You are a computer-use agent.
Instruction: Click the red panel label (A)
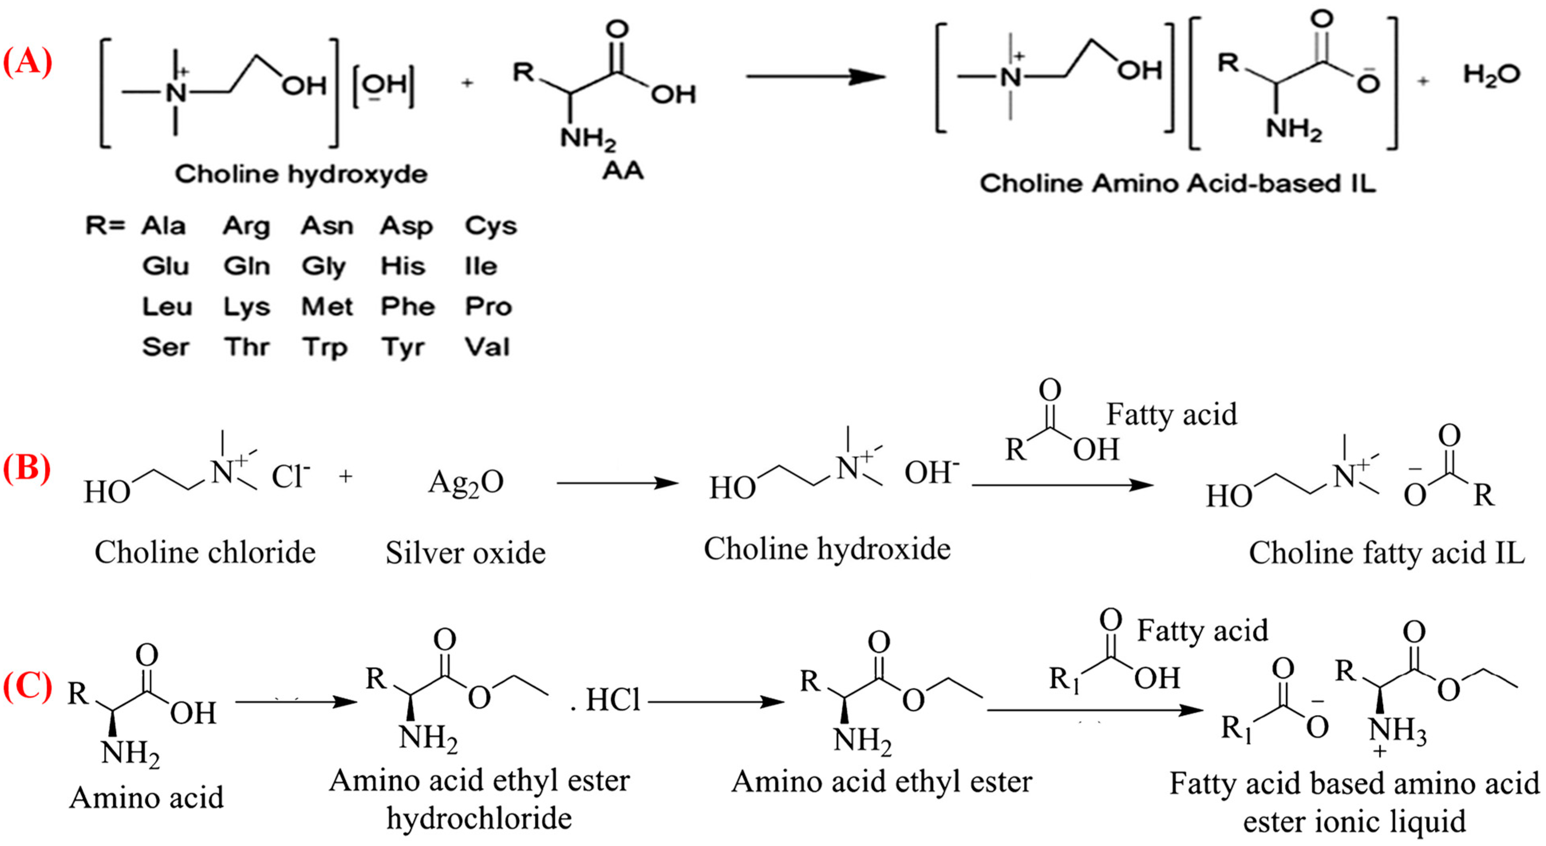tap(27, 62)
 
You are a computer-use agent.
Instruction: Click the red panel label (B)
tap(27, 468)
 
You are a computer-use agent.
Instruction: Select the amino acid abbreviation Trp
tap(325, 348)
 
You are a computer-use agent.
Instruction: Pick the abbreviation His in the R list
tap(403, 266)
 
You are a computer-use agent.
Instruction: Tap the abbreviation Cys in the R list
tap(490, 226)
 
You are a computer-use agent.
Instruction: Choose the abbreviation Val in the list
tap(487, 347)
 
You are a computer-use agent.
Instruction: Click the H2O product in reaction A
tap(1491, 75)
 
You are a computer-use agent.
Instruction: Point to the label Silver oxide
tap(466, 553)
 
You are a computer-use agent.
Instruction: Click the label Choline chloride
tap(205, 552)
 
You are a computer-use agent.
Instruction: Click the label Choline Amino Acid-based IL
tap(1177, 184)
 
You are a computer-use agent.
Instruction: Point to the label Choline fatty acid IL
tap(1386, 553)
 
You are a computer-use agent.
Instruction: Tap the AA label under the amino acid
tap(623, 172)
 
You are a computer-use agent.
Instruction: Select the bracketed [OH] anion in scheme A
tap(383, 88)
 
